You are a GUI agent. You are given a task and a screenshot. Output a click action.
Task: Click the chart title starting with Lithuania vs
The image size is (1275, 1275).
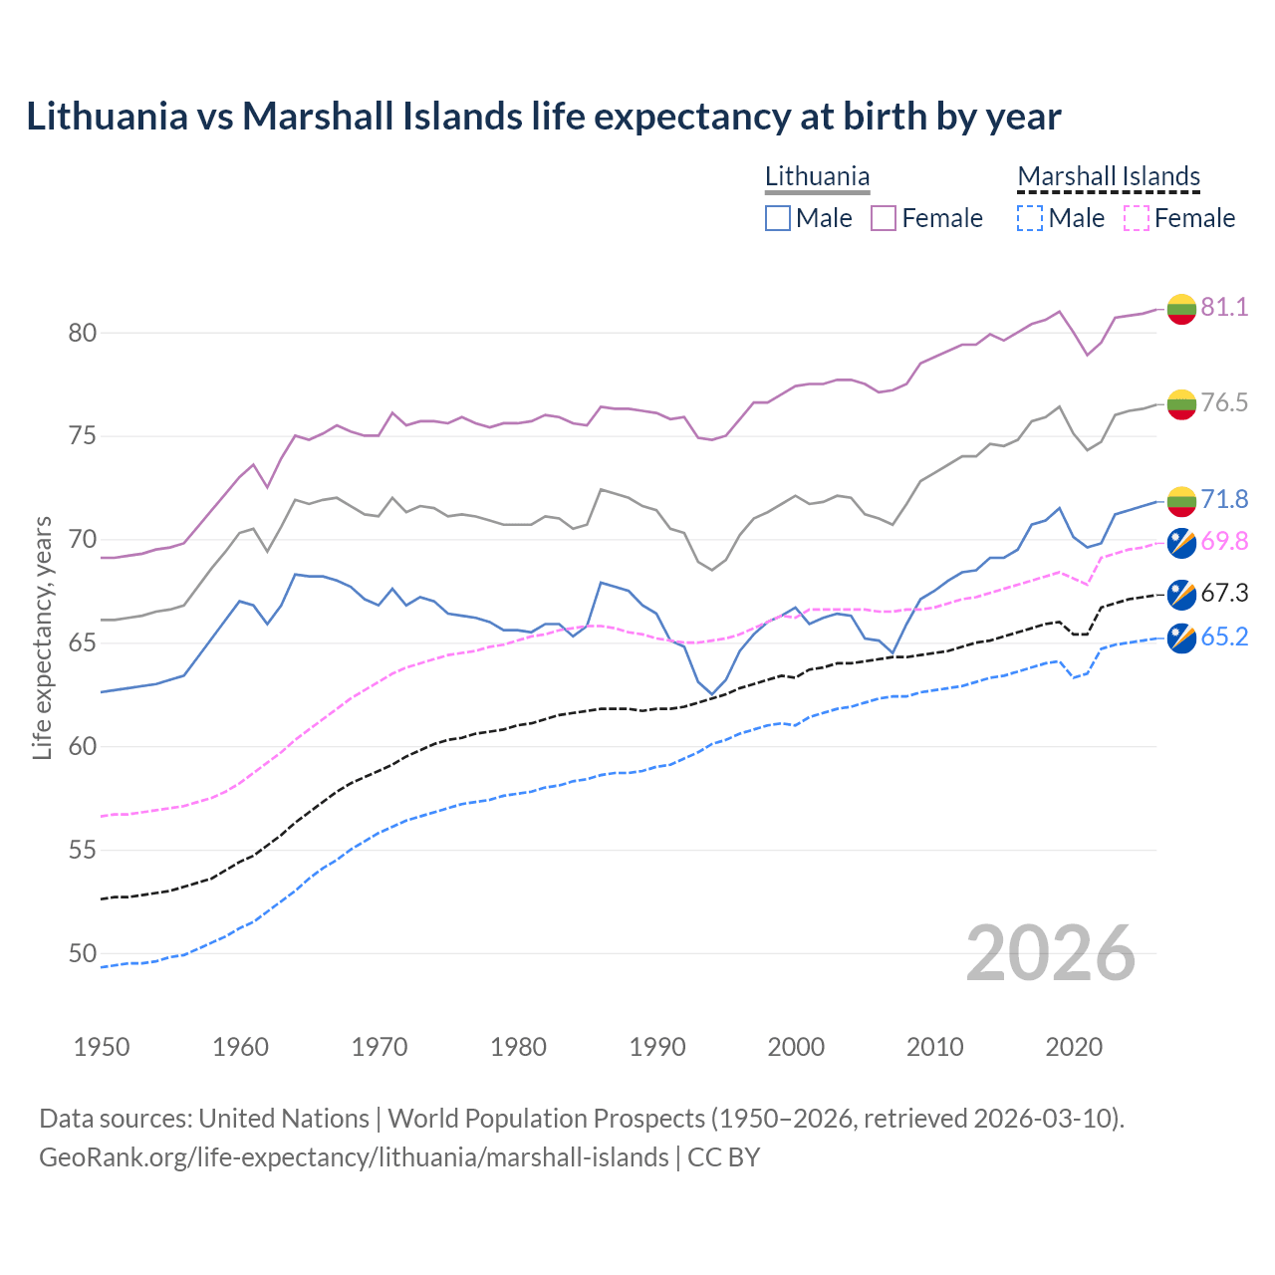543,117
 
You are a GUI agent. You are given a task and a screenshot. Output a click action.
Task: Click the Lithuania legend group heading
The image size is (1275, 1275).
817,176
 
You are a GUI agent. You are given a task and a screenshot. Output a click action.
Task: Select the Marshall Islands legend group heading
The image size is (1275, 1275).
1109,176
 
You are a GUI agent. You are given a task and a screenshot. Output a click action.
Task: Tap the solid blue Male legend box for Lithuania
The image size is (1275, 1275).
778,218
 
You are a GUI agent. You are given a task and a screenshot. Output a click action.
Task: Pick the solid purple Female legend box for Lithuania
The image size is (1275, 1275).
884,218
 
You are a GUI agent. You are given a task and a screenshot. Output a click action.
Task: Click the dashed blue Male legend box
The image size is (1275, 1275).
1030,218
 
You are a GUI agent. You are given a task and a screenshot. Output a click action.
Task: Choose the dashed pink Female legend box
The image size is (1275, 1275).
1137,218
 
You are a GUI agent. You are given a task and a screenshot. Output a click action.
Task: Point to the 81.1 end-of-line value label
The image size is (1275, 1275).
1224,307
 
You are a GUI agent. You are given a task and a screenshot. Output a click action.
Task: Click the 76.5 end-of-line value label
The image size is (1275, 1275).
1224,402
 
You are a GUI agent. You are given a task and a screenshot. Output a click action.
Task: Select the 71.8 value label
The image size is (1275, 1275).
1224,499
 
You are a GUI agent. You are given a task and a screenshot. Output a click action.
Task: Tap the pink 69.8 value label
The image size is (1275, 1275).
1224,541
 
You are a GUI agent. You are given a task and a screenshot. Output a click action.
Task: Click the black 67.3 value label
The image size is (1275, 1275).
1224,594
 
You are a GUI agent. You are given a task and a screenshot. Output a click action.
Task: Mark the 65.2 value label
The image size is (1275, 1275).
1224,637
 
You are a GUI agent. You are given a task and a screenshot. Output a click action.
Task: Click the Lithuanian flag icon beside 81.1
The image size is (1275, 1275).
1181,309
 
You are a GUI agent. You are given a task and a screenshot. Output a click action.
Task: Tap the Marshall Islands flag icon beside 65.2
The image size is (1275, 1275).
1181,637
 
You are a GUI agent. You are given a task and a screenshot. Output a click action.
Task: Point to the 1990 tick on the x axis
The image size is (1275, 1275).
657,1047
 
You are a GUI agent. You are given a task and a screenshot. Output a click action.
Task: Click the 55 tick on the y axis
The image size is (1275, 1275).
83,851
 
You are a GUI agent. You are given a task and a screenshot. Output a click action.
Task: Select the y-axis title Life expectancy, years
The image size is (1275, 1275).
42,637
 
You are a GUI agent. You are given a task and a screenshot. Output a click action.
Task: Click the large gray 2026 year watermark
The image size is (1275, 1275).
1050,953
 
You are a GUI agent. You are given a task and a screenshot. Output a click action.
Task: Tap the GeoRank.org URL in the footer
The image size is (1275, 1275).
354,1157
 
